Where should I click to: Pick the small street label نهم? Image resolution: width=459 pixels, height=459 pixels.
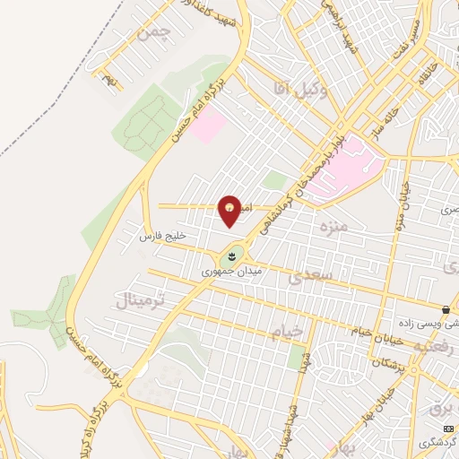coord(109,82)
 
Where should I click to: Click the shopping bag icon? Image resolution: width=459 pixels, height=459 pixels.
coord(446,310)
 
